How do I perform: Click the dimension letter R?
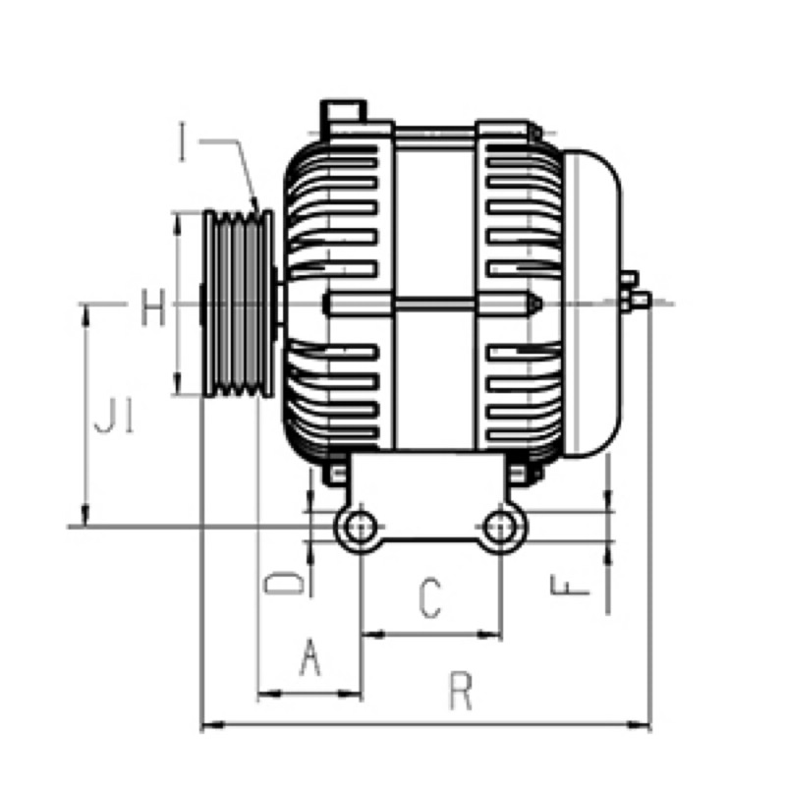[x=461, y=692]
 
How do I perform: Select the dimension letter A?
[x=309, y=656]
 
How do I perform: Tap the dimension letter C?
[x=430, y=597]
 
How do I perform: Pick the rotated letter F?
[x=570, y=585]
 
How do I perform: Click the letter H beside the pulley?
[x=152, y=308]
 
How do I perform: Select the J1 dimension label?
[x=114, y=415]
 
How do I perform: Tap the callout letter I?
[x=183, y=142]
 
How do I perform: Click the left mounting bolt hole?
[x=361, y=527]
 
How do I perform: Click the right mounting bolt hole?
[x=499, y=527]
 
